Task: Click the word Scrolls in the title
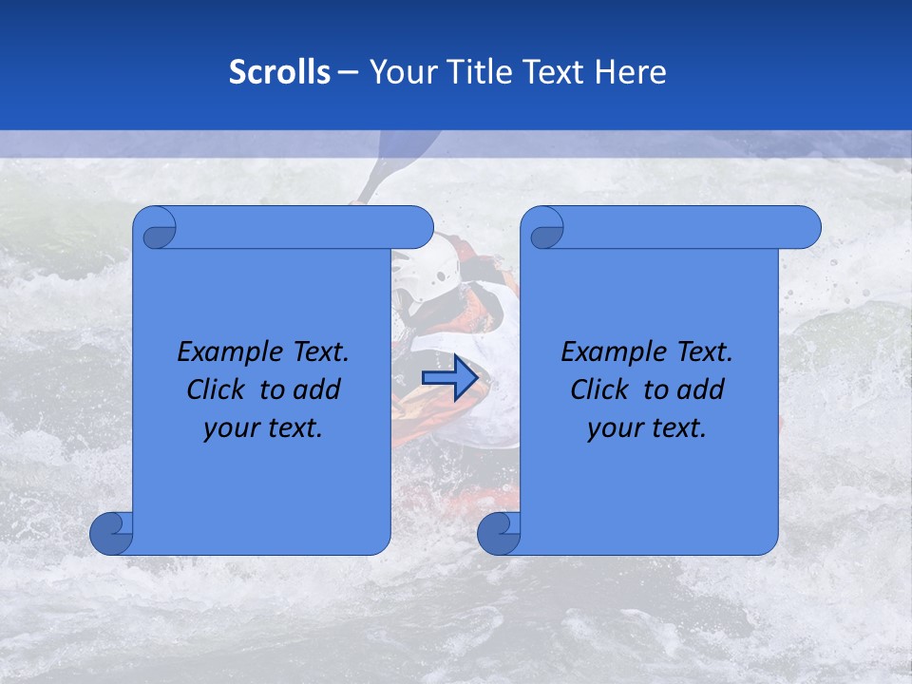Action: tap(279, 72)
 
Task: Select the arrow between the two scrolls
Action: tap(449, 377)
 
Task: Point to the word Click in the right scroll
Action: tap(599, 389)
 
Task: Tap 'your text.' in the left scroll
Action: tap(263, 428)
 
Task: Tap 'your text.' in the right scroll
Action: tap(647, 428)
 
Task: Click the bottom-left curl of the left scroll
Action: tap(112, 533)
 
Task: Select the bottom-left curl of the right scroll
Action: tap(499, 533)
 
